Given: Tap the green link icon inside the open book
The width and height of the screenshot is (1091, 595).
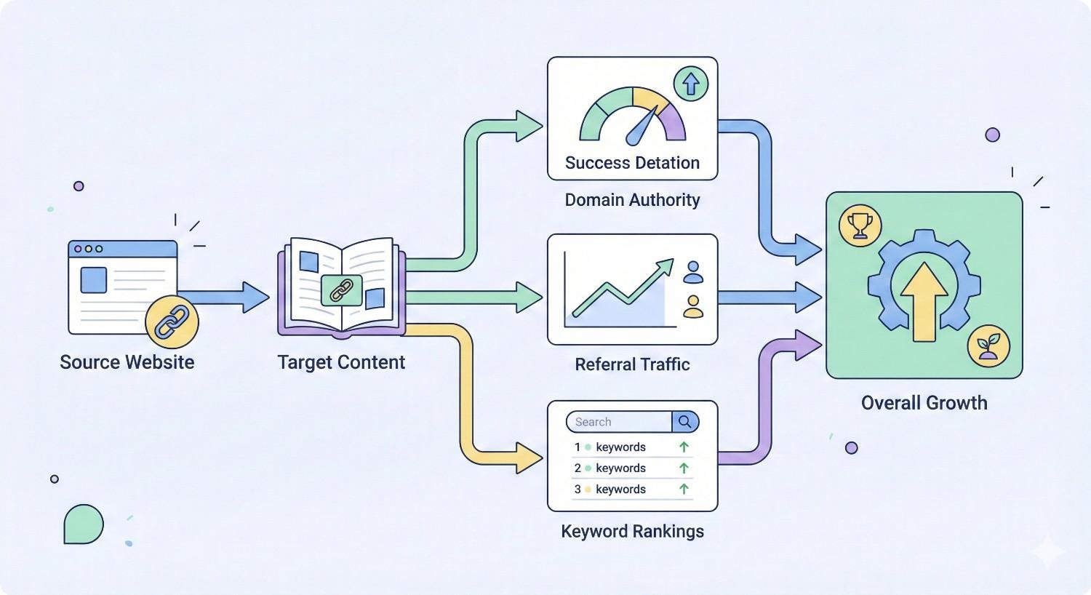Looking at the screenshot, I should [341, 290].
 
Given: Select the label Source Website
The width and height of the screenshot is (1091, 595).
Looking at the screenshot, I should [127, 362].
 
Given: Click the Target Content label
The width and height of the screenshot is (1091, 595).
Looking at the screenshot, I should [341, 362].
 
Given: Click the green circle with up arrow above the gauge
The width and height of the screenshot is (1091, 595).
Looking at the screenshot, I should [691, 84].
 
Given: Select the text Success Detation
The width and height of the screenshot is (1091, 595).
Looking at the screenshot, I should [632, 163].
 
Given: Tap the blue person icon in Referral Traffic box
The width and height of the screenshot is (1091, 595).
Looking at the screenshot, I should [693, 273].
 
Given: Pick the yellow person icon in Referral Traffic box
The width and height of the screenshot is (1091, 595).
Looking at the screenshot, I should [693, 306].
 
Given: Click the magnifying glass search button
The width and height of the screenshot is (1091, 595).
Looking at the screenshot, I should [685, 422].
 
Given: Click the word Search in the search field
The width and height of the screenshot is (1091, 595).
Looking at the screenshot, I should [593, 422].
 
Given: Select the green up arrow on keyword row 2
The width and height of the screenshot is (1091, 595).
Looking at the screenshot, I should [684, 468].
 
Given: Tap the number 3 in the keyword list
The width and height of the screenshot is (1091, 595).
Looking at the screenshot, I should [578, 490].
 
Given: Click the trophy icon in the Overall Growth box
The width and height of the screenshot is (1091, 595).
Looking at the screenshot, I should [860, 225].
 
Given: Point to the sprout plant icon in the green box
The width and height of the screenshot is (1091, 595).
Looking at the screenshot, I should [988, 346].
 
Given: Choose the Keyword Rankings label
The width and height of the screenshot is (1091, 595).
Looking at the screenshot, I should [632, 532].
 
